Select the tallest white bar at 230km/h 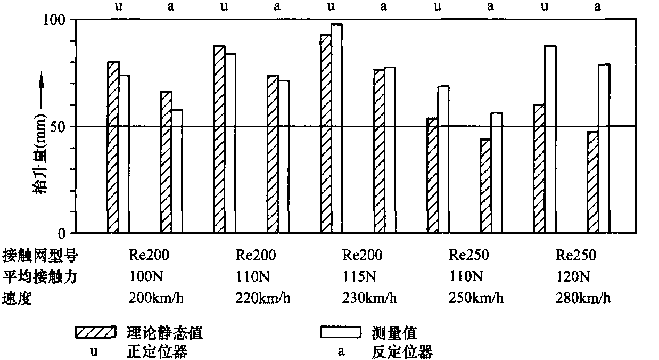pos(336,128)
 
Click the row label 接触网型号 pos(40,256)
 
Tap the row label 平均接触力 pos(40,276)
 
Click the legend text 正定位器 pos(158,351)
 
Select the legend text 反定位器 pos(401,351)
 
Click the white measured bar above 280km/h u pos(550,140)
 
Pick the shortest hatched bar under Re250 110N pos(485,186)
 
